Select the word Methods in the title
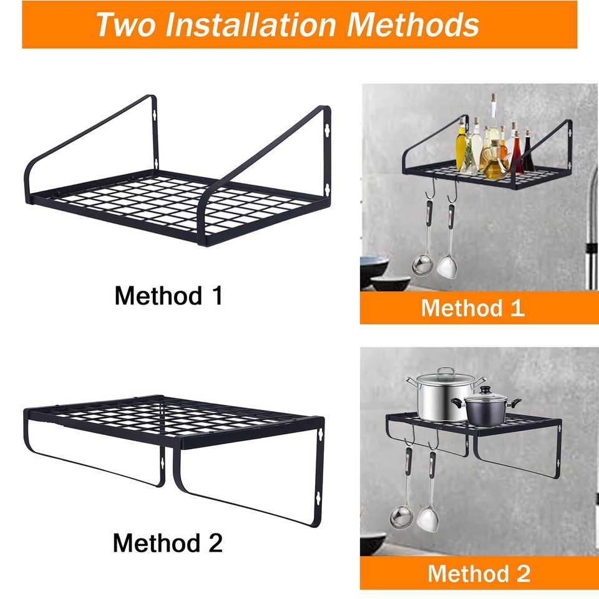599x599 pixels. [413, 24]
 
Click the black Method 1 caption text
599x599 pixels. [168, 295]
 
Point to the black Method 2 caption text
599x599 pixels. [167, 543]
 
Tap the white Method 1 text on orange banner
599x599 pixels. [472, 308]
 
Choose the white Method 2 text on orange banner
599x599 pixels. [479, 573]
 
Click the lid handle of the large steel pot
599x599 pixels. [446, 373]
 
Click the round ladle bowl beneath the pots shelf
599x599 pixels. [399, 516]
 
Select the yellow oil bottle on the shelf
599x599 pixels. [462, 150]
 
